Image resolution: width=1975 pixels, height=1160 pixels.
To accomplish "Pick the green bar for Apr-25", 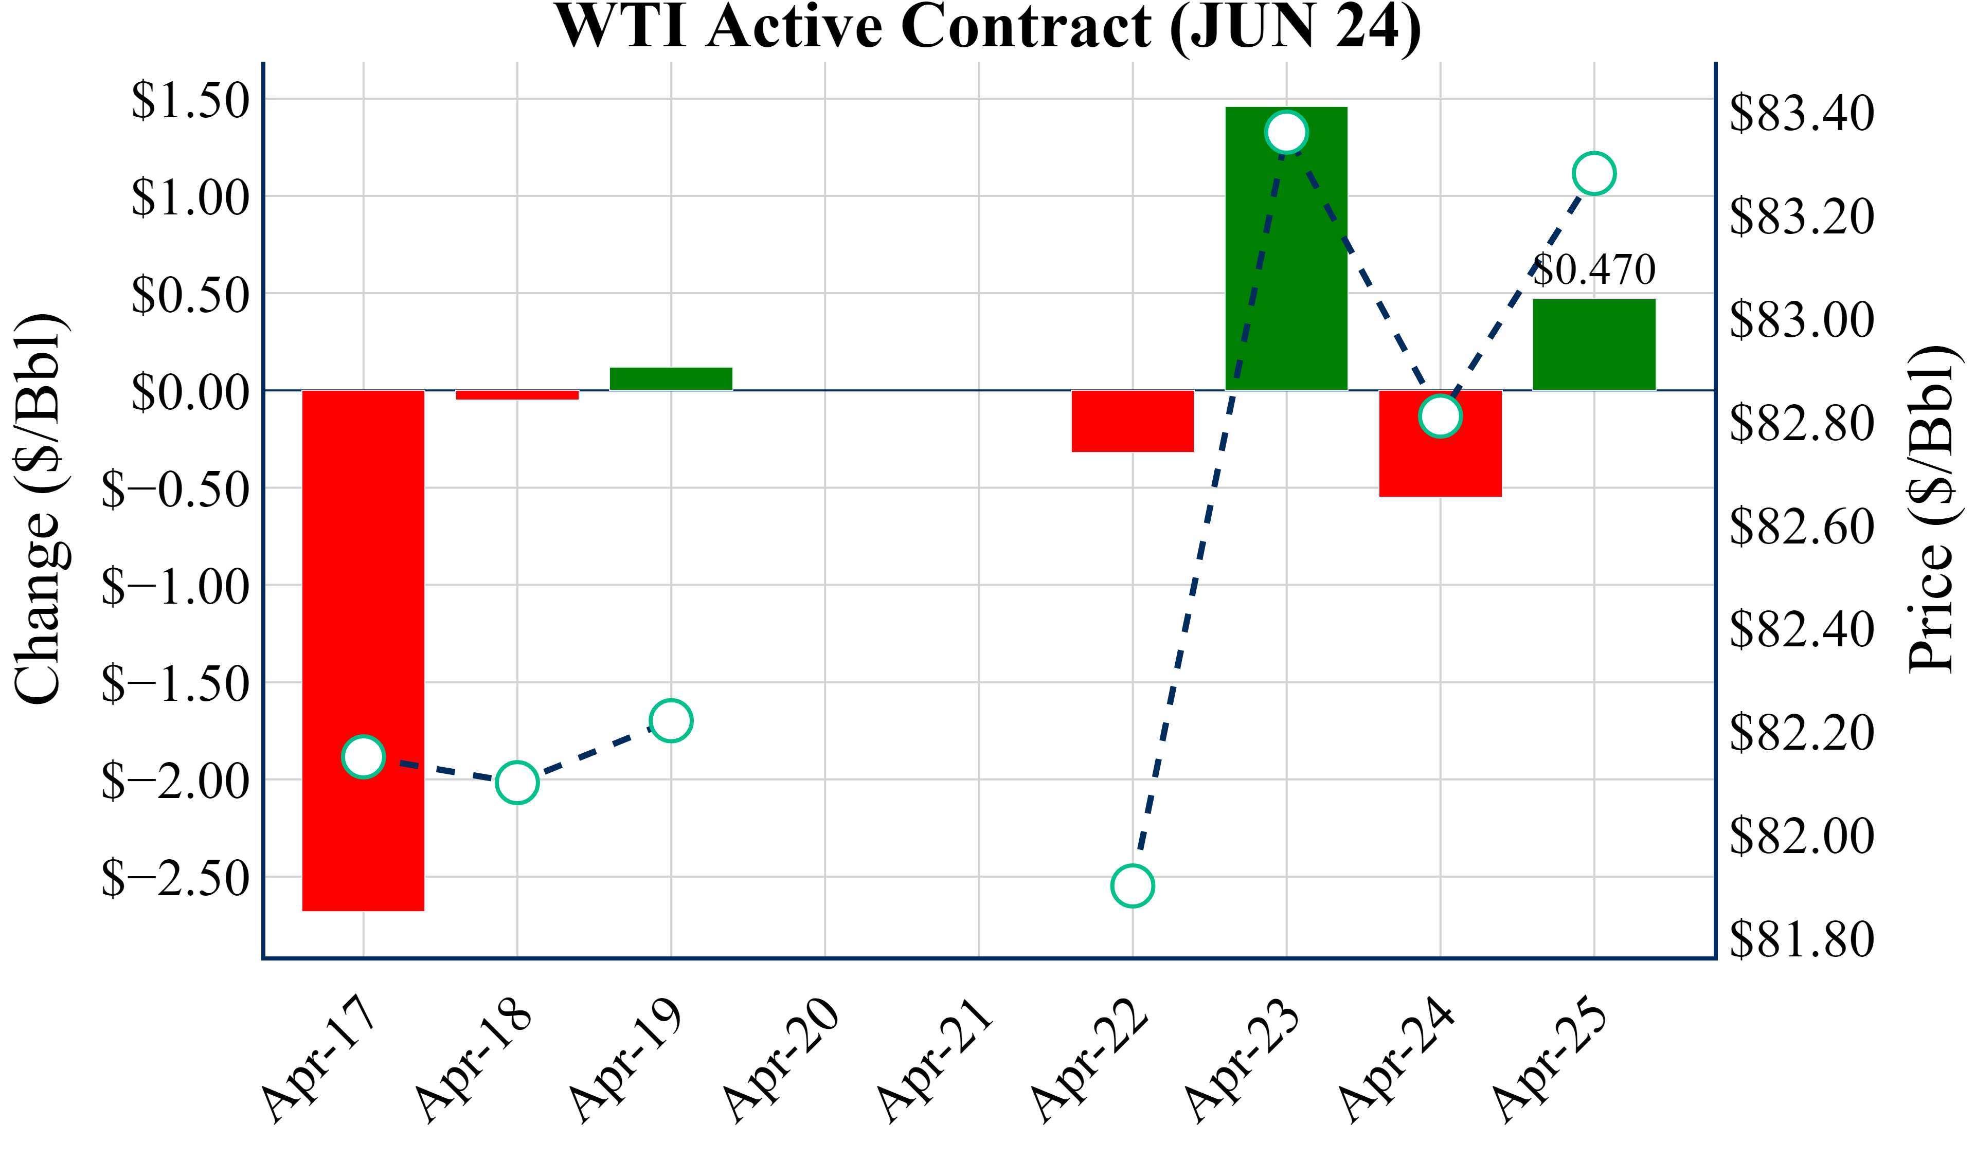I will [x=1594, y=345].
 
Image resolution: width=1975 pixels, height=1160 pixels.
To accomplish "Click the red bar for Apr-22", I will [x=1133, y=421].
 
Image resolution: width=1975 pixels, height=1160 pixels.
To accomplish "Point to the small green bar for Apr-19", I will [x=671, y=378].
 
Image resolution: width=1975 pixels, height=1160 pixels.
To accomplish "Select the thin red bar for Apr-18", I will [x=517, y=395].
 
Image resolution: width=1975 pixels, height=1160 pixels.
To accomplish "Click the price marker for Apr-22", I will [x=1133, y=885].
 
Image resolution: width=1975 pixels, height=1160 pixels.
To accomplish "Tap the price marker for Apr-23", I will [x=1286, y=132].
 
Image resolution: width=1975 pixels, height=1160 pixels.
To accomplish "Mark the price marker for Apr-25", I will [x=1594, y=173].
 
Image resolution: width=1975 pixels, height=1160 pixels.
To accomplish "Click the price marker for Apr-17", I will [x=363, y=757].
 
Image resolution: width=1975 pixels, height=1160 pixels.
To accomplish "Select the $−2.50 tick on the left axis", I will [x=175, y=878].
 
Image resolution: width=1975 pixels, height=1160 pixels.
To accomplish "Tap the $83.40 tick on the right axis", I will [x=1802, y=113].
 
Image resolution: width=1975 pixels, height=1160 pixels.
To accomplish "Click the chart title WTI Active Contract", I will [x=987, y=27].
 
